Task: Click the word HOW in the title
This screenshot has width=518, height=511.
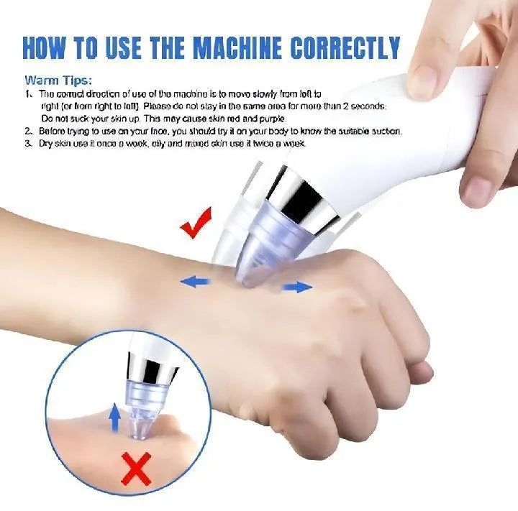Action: pyautogui.click(x=49, y=47)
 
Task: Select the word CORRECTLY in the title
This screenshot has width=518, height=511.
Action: pyautogui.click(x=345, y=47)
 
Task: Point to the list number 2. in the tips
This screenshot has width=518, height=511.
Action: pyautogui.click(x=28, y=132)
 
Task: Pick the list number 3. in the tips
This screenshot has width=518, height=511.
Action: pyautogui.click(x=28, y=144)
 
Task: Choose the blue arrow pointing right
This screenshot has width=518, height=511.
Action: pyautogui.click(x=296, y=287)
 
